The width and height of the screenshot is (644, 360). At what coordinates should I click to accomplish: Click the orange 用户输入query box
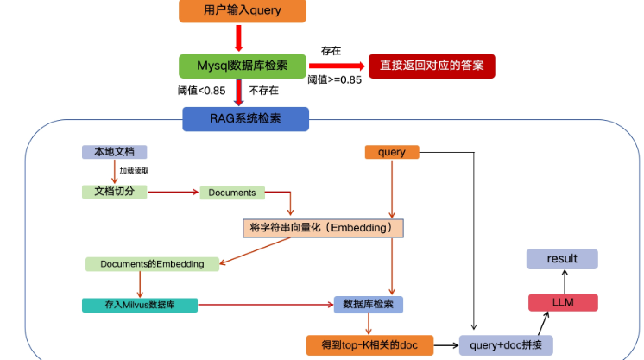(x=242, y=11)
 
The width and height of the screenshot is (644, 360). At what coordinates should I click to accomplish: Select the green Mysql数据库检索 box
(x=243, y=66)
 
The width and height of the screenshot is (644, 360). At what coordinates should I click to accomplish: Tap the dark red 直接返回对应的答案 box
(x=432, y=66)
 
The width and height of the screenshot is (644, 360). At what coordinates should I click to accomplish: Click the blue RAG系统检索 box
(x=245, y=118)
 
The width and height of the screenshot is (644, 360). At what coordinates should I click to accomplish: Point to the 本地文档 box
(x=114, y=152)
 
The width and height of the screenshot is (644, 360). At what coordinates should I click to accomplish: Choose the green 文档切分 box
(x=114, y=191)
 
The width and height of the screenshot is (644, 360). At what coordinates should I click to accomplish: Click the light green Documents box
(x=232, y=192)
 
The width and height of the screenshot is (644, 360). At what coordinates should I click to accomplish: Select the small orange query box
(x=392, y=152)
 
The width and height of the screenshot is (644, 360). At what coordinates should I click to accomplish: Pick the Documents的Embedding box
(x=152, y=263)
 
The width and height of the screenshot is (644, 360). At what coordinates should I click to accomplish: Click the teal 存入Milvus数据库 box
(x=140, y=305)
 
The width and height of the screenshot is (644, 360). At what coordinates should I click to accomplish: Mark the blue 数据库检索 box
(x=369, y=304)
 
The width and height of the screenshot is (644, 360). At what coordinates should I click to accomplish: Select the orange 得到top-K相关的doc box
(x=369, y=345)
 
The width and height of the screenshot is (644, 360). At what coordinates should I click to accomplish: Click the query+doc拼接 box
(x=506, y=345)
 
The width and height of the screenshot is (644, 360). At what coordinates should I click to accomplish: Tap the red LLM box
(x=563, y=301)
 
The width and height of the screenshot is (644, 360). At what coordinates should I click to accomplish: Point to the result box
(x=562, y=258)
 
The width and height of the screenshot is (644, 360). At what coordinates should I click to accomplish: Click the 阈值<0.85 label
(x=201, y=90)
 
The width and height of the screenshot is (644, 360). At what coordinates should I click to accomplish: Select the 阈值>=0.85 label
(x=335, y=79)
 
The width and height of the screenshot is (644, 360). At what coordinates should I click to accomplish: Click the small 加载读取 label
(x=134, y=171)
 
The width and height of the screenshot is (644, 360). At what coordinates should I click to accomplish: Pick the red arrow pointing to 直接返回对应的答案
(x=338, y=66)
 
